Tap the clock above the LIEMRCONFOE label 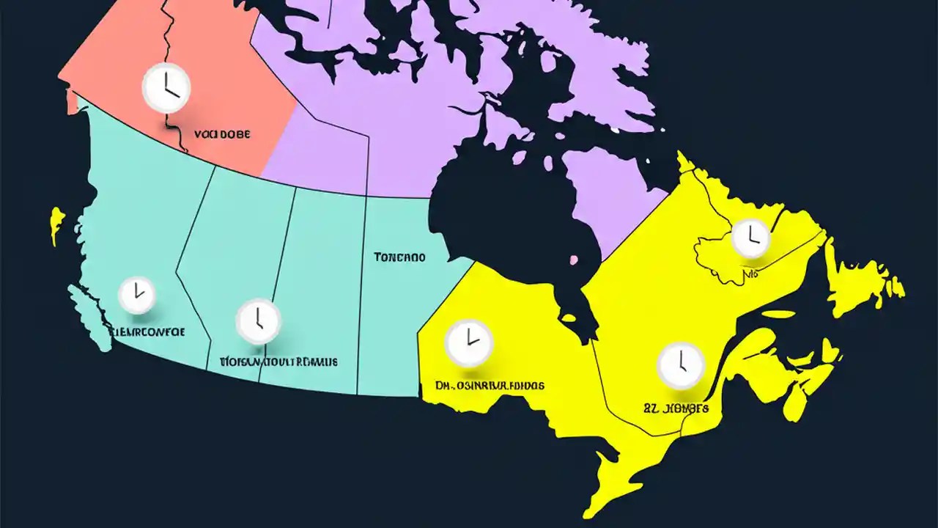click(x=136, y=295)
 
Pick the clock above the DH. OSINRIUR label click(x=470, y=342)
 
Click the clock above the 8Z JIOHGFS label click(x=681, y=365)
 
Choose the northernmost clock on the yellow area click(x=750, y=238)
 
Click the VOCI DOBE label click(x=222, y=135)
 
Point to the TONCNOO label click(x=399, y=257)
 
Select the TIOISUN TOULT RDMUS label click(x=279, y=362)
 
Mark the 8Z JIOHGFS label click(x=676, y=408)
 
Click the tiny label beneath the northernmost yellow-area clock click(x=751, y=274)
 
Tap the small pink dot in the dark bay click(x=574, y=259)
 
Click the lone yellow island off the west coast click(x=56, y=223)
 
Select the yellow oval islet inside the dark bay click(x=567, y=318)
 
